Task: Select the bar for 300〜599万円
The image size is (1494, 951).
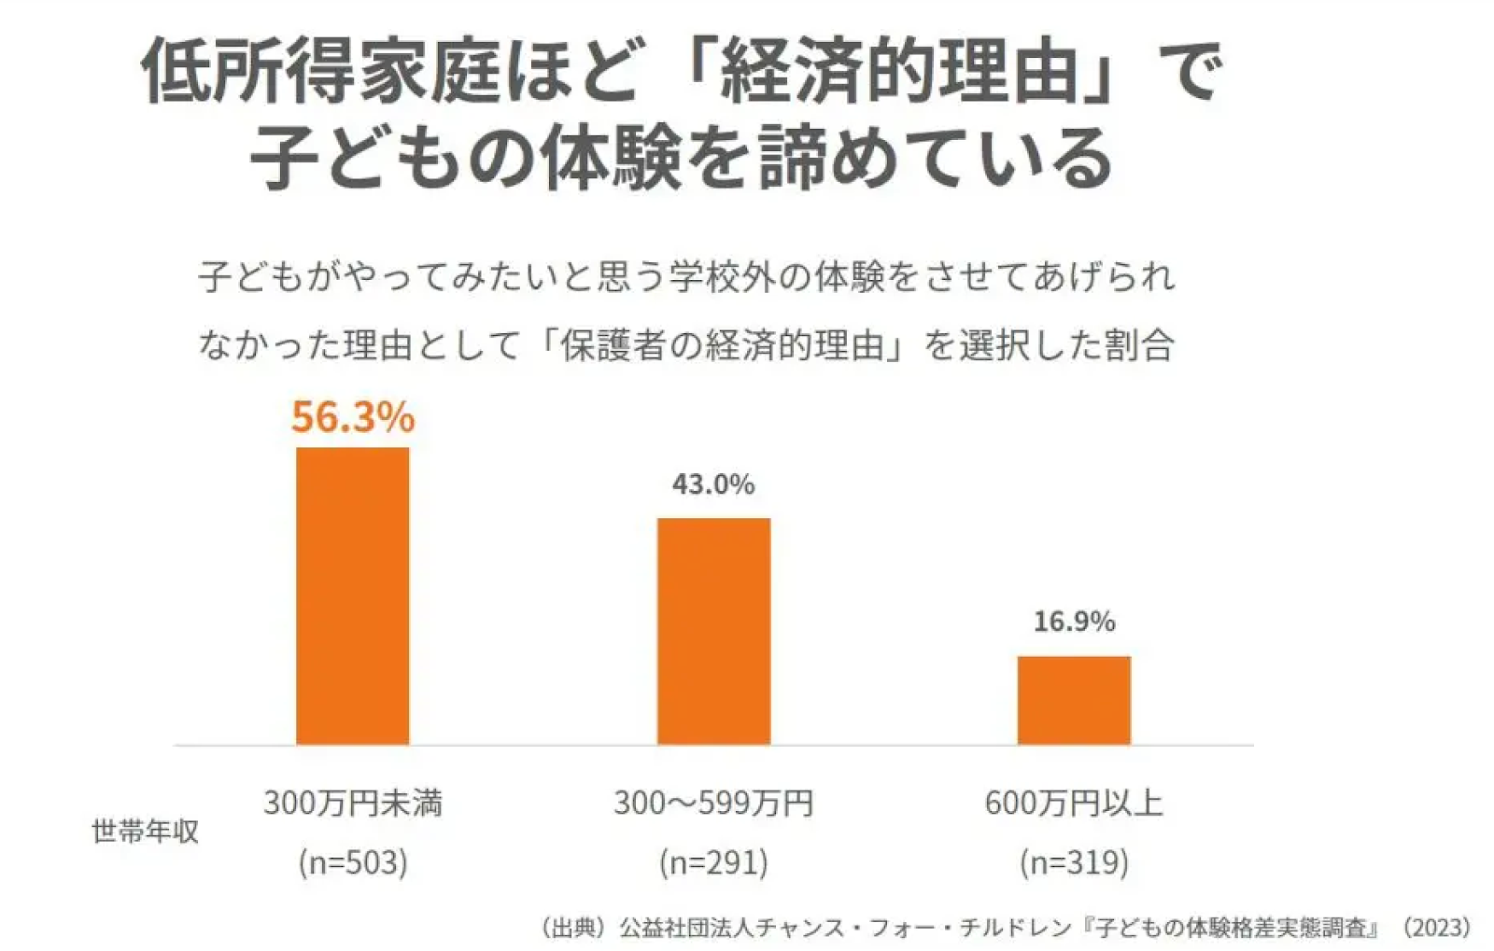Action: [713, 631]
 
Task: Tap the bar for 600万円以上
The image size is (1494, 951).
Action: [1074, 700]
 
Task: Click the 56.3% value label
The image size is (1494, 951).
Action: [352, 416]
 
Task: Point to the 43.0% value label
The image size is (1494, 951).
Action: [713, 483]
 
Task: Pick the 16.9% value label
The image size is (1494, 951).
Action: [1074, 622]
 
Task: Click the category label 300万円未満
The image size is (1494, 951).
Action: [352, 803]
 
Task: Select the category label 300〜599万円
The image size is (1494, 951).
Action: [713, 803]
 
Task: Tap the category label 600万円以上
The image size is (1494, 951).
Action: [1074, 803]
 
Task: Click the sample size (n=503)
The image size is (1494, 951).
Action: [352, 861]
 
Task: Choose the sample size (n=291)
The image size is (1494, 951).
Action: [713, 861]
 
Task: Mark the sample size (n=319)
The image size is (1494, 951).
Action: [1074, 861]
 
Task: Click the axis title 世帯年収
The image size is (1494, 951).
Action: [145, 831]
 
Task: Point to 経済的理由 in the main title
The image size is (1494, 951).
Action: [900, 73]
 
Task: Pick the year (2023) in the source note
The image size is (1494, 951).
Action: [1437, 928]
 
